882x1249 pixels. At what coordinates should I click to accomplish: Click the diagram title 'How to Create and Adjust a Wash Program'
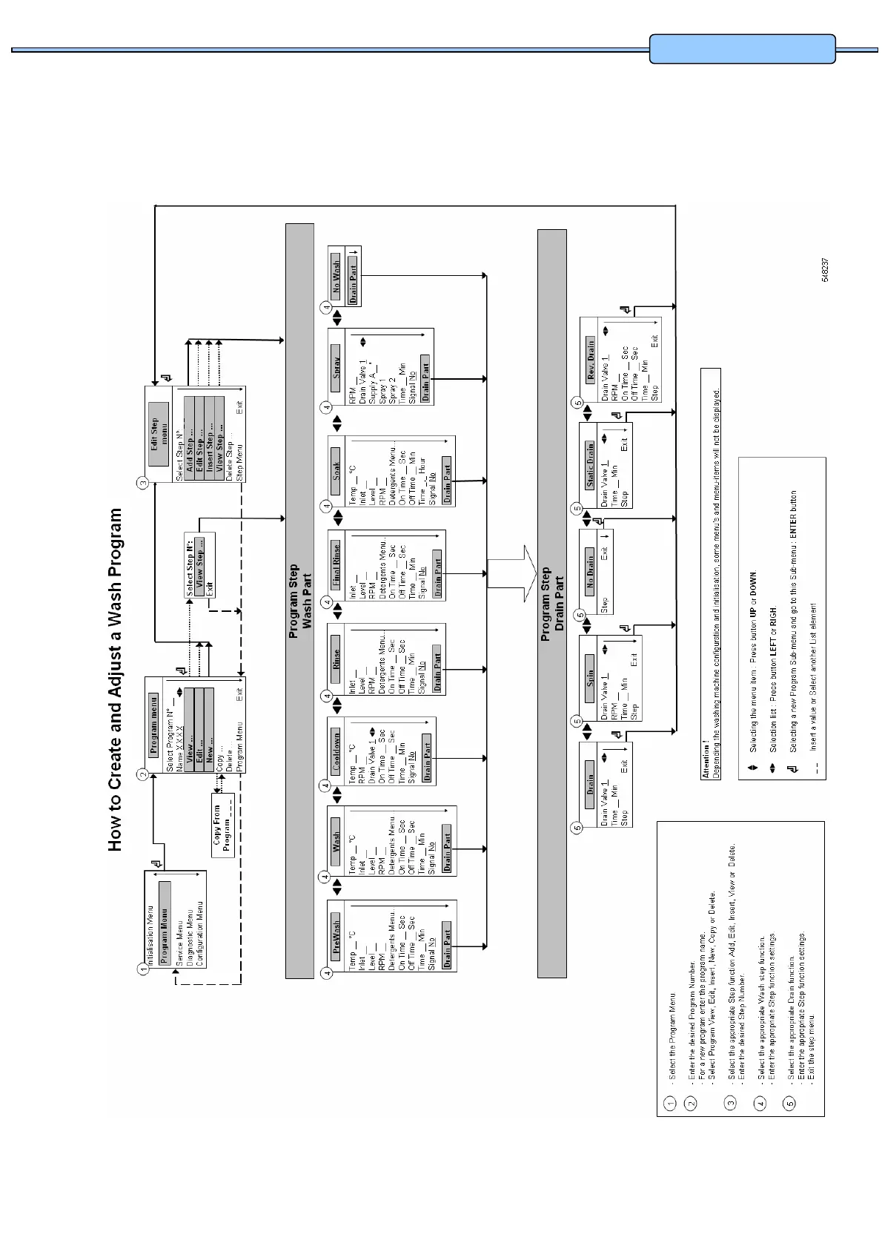pyautogui.click(x=116, y=679)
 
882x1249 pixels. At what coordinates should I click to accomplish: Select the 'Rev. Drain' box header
pyautogui.click(x=591, y=359)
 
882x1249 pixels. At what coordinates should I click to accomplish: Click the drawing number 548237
pyautogui.click(x=825, y=269)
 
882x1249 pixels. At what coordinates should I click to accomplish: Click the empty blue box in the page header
pyautogui.click(x=743, y=49)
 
